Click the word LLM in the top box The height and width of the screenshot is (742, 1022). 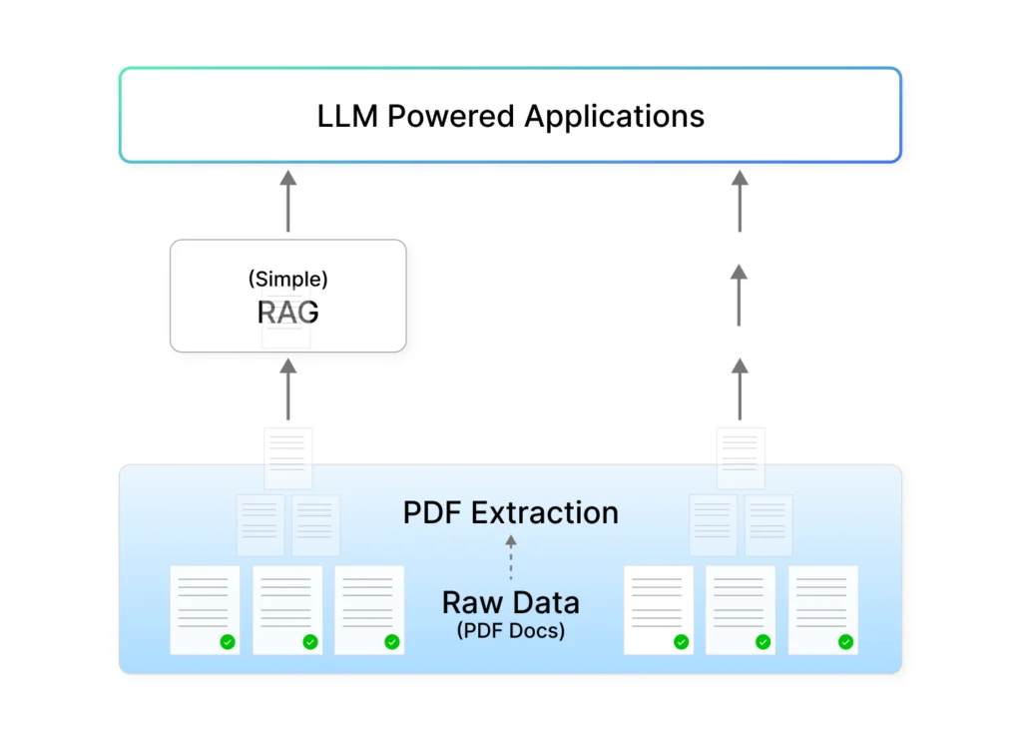pos(347,116)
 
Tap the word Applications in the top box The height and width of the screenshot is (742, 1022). pos(615,116)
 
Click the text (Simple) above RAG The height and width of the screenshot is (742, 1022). pos(288,280)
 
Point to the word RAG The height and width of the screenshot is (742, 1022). pos(288,313)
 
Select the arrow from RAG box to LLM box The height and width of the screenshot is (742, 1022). pos(288,202)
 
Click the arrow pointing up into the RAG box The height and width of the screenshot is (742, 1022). pos(288,390)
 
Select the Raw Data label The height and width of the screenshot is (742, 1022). pos(511,603)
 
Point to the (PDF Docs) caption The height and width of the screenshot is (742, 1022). pos(511,631)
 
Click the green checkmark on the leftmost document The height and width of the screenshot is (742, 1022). pos(228,642)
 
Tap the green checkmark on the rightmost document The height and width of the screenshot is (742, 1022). pos(845,642)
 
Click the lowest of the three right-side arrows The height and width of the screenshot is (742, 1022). pos(740,389)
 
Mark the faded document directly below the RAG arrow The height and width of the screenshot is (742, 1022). pos(288,458)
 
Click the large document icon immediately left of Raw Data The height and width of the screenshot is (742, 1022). pos(369,610)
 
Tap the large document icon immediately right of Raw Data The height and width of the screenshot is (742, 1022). pos(659,610)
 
